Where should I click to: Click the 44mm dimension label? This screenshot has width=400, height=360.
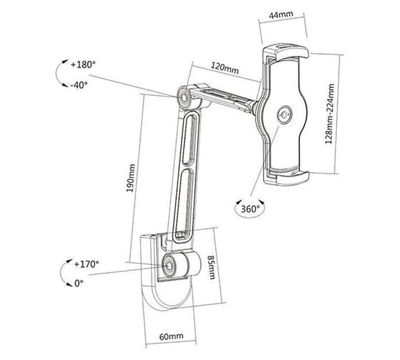click(x=281, y=14)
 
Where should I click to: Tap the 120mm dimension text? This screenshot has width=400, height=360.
click(x=225, y=68)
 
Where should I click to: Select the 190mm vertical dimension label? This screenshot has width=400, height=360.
click(x=131, y=178)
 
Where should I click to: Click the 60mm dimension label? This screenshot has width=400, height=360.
click(x=171, y=337)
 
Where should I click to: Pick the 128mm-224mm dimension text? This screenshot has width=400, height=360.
click(x=329, y=114)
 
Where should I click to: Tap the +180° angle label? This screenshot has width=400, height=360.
click(x=83, y=65)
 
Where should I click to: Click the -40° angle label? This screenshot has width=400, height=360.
click(x=79, y=85)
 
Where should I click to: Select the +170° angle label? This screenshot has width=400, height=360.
click(x=86, y=264)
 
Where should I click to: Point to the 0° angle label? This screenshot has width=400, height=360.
click(x=79, y=283)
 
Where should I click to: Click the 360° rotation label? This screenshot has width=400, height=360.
click(x=250, y=209)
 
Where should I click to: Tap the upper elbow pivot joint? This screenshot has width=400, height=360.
click(x=184, y=98)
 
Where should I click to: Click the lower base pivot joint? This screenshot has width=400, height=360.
click(x=169, y=266)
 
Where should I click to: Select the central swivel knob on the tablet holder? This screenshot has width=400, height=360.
click(x=285, y=115)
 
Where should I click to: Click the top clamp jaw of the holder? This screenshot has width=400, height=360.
click(x=291, y=53)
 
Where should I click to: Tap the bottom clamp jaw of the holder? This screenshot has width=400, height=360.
click(x=293, y=177)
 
